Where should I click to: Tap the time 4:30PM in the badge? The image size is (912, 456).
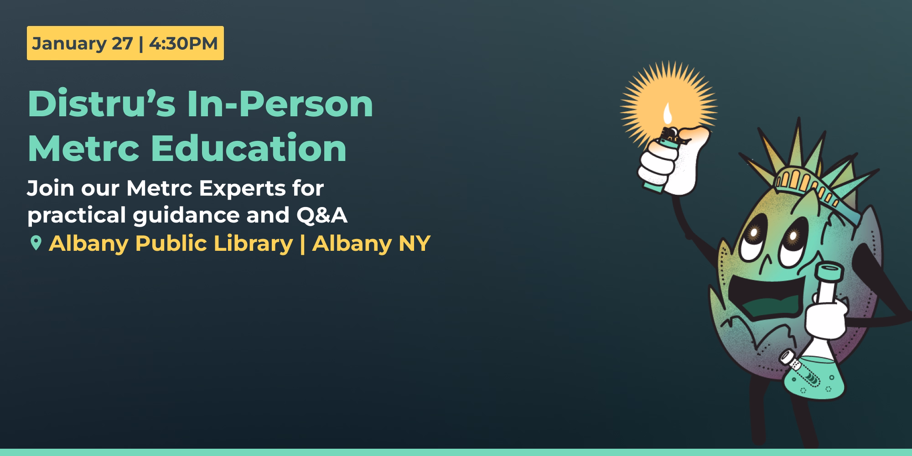click(x=183, y=44)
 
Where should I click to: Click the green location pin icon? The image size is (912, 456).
click(x=35, y=243)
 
